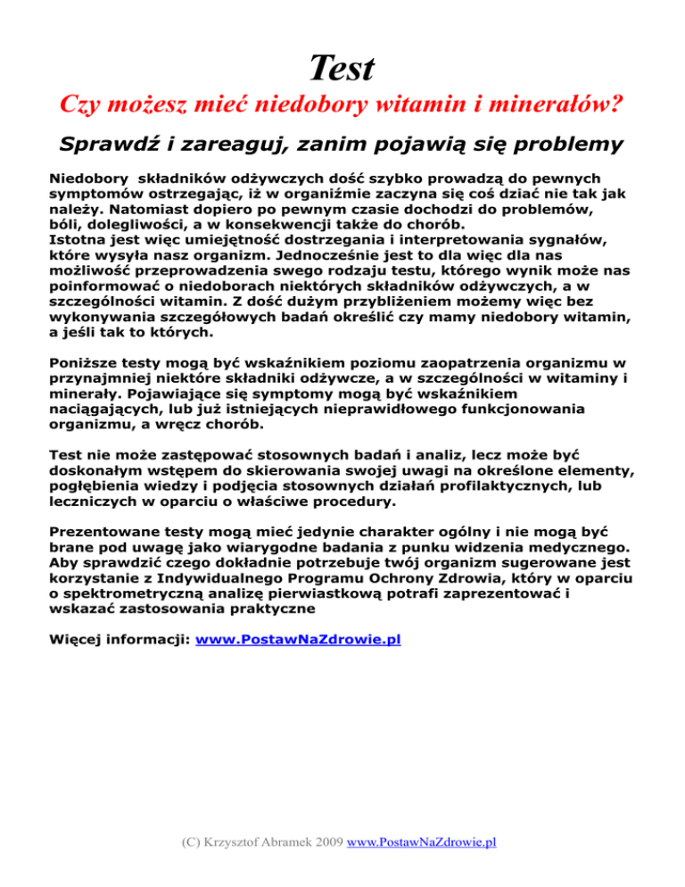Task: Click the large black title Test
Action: pos(342,66)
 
